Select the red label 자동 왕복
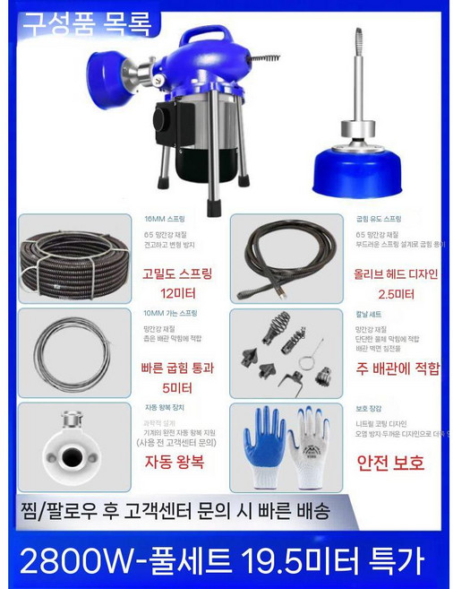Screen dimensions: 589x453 coord(176,463)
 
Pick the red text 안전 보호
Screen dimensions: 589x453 coord(390,463)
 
